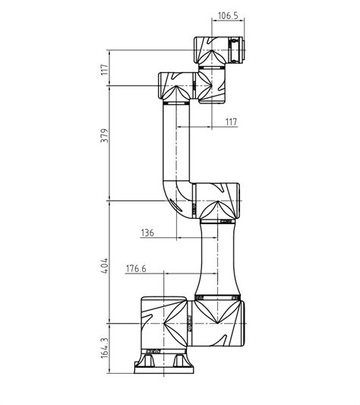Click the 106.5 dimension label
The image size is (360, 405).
(x=228, y=16)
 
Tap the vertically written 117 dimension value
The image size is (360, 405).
(x=105, y=69)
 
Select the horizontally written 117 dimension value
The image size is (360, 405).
(x=231, y=122)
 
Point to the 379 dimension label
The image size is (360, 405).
(x=105, y=135)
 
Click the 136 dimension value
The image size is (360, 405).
(x=147, y=233)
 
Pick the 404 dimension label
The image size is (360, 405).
(x=105, y=265)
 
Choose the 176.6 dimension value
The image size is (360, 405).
(x=136, y=269)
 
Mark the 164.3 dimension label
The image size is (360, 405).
(x=105, y=348)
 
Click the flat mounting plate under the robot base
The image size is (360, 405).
(x=164, y=370)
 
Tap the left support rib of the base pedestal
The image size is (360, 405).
(x=148, y=360)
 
